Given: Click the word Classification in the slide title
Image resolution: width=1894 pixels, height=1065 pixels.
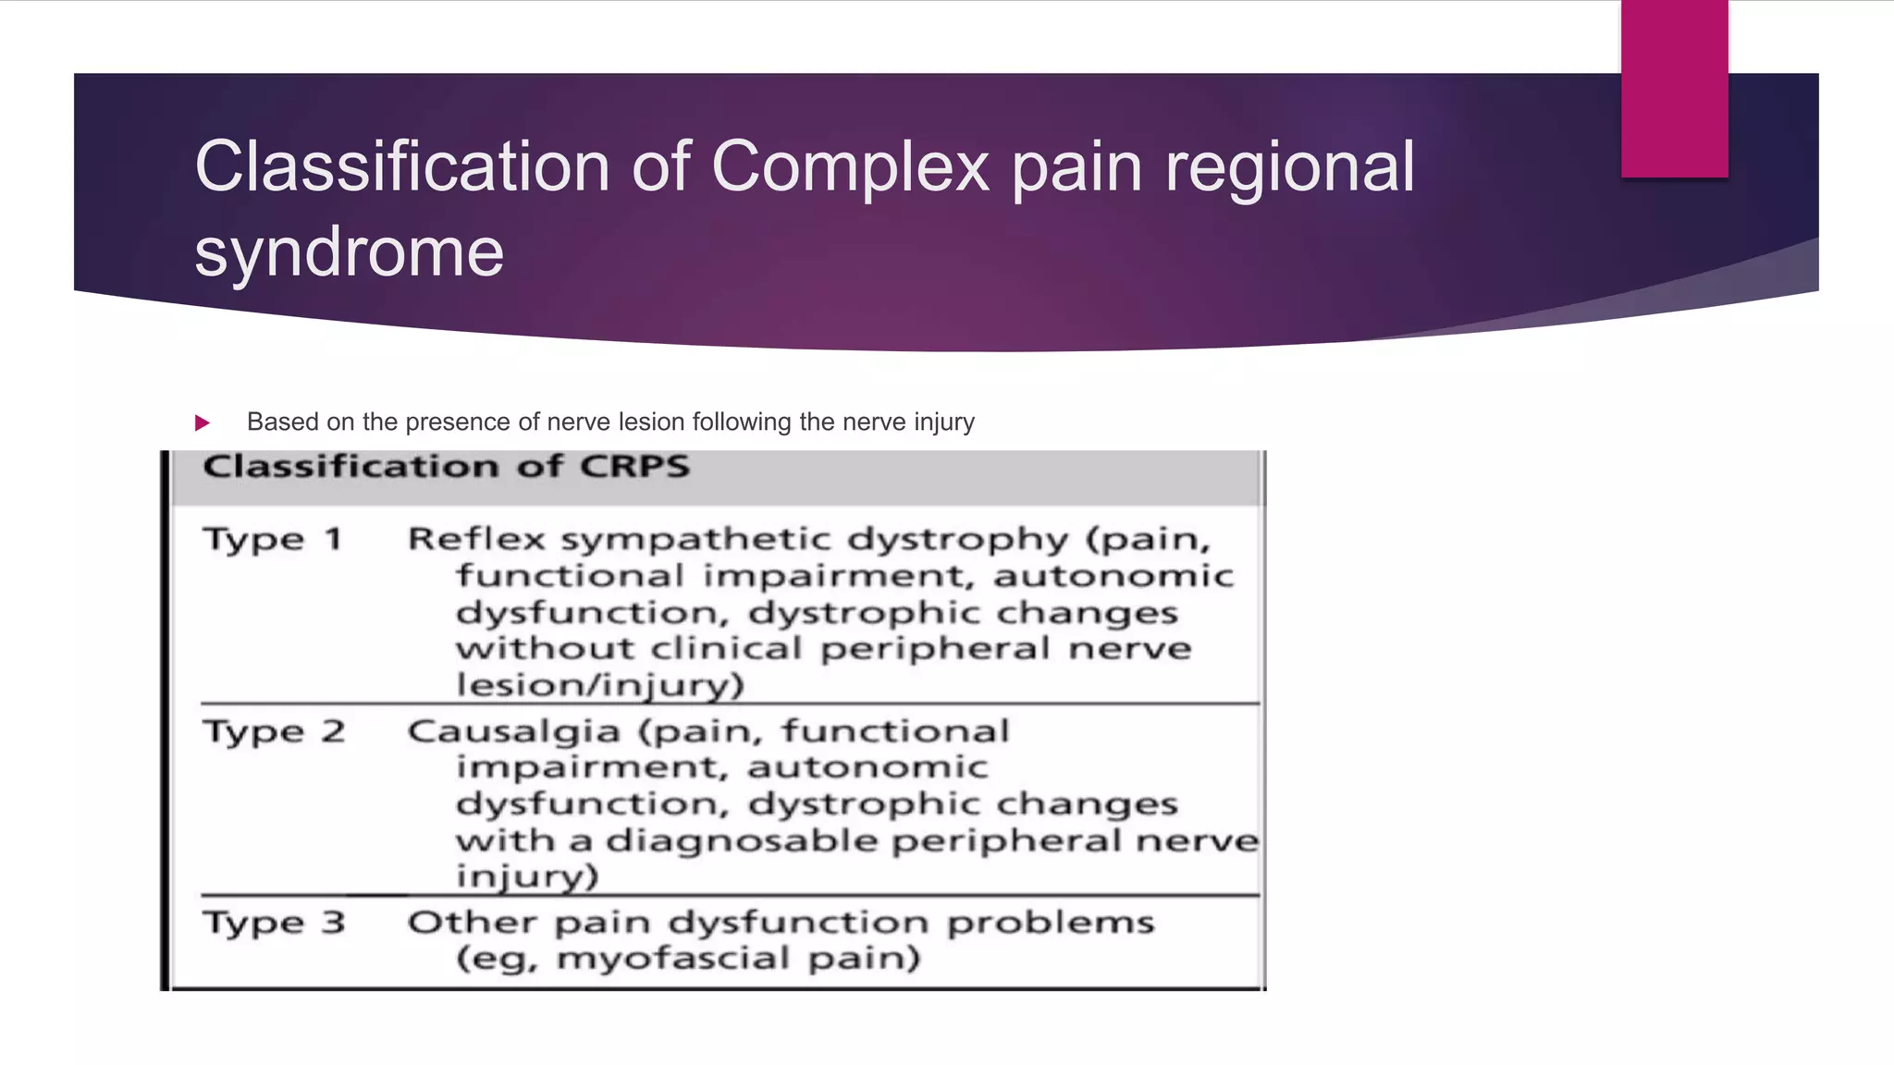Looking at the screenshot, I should pos(402,166).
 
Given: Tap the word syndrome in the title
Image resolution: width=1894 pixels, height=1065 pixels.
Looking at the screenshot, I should pos(349,252).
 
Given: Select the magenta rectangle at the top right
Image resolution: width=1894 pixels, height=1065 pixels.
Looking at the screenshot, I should pos(1674,88).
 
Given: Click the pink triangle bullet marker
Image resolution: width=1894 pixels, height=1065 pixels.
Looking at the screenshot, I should pos(203,423).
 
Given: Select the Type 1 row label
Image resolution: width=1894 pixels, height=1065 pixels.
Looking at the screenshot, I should pos(273,539).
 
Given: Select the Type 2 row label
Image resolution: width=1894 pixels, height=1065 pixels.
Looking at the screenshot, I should pos(274,731).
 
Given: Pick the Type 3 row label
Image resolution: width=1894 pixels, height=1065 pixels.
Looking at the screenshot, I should pos(274,923).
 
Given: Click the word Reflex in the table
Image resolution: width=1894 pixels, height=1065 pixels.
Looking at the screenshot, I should pos(476,539).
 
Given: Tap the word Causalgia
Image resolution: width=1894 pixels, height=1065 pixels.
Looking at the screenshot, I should pos(513,731).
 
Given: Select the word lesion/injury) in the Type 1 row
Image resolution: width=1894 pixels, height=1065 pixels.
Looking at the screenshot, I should pos(600,685).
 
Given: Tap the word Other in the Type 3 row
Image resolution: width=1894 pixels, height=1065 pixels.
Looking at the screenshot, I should pos(472,923).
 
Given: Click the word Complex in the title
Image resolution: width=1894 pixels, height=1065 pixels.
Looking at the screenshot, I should pos(851,166).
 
